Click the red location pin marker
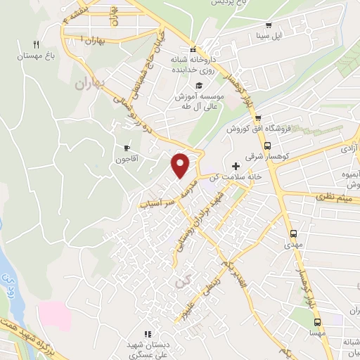point(181,165)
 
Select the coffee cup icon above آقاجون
point(127,148)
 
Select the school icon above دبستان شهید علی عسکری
point(147,334)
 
